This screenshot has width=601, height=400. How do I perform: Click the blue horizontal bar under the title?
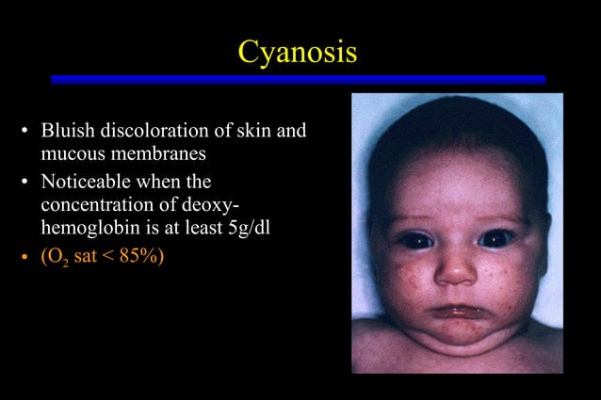(x=298, y=80)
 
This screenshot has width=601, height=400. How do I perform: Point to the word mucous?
(x=72, y=151)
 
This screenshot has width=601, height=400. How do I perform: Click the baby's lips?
(x=457, y=312)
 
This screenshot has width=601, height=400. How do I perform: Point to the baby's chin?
(x=457, y=331)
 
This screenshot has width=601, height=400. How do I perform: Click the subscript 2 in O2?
(x=59, y=260)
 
